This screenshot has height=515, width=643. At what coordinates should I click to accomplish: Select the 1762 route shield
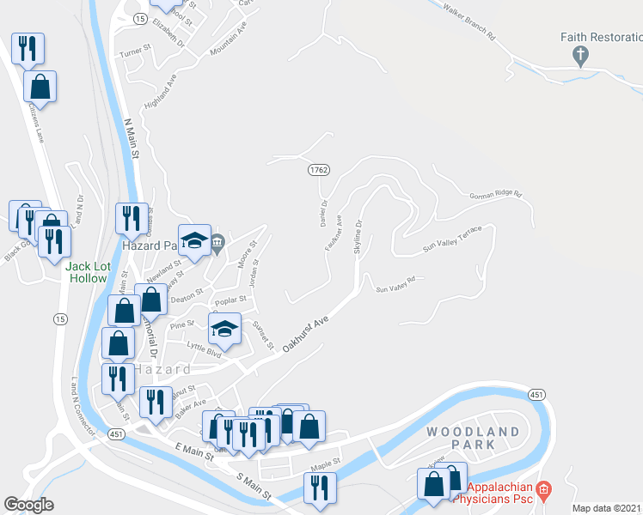coord(318,171)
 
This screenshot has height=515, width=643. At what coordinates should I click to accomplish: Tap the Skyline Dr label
coord(358,236)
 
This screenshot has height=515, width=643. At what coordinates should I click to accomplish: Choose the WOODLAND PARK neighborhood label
coord(472,438)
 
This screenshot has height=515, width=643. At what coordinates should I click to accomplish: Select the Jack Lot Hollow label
coord(87,272)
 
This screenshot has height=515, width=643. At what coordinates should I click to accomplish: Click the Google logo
coord(28,505)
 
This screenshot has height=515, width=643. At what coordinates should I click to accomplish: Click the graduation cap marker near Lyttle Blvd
coord(224,329)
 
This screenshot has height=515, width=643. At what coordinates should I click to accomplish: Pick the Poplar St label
coord(231,300)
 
